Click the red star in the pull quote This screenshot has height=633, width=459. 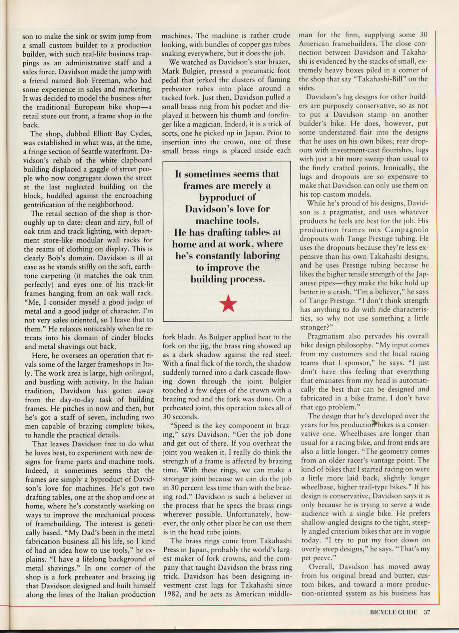click(228, 304)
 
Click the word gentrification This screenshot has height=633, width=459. click(48, 205)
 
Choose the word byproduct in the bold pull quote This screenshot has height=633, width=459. click(227, 197)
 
